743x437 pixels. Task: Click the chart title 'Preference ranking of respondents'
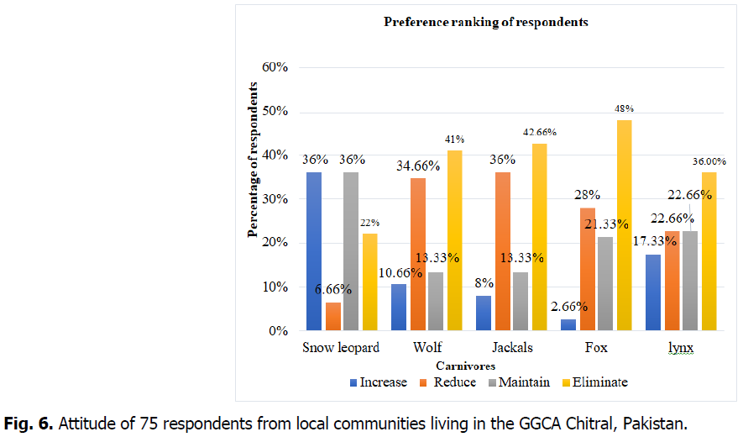click(x=485, y=23)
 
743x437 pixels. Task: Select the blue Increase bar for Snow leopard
click(x=314, y=251)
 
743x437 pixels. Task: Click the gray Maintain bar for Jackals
click(x=521, y=301)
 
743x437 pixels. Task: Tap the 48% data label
click(x=624, y=108)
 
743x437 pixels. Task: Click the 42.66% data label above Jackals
click(x=539, y=132)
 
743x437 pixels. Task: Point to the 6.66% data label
click(x=333, y=290)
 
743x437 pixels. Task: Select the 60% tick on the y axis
click(x=276, y=67)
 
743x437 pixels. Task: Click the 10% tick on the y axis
click(x=276, y=287)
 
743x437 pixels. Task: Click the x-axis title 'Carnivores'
click(x=465, y=366)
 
